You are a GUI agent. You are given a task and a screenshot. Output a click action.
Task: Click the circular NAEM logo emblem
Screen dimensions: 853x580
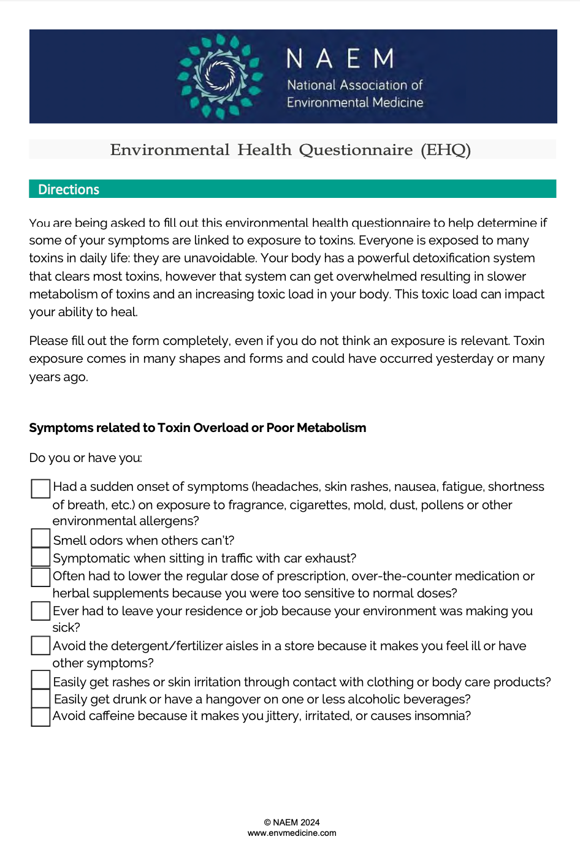pos(219,76)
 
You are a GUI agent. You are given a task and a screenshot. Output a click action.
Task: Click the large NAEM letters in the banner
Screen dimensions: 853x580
pos(340,59)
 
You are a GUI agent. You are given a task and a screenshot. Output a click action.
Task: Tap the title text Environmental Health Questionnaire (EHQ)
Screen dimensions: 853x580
pos(290,150)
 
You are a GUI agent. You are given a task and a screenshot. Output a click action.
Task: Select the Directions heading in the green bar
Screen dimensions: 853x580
pos(69,189)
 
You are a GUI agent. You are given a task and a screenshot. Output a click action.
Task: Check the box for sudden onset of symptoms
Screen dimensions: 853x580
pos(40,488)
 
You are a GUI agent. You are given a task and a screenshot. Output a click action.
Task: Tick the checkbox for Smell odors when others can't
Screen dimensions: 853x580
pos(40,538)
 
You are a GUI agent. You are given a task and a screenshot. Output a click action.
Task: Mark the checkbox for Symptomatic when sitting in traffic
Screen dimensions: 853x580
pos(40,557)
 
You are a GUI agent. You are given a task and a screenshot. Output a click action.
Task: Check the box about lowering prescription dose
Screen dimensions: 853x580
pos(40,577)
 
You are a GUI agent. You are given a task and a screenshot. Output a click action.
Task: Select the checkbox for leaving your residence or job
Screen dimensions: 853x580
pos(40,611)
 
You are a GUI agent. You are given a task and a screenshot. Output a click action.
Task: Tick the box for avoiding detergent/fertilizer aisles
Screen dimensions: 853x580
pos(40,645)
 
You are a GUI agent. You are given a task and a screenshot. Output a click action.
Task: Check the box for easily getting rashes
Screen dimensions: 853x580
pos(40,680)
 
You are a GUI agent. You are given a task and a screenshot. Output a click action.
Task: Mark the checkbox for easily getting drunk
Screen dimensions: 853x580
pos(40,699)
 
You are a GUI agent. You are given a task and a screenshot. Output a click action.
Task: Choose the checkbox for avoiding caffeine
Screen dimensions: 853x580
pos(40,717)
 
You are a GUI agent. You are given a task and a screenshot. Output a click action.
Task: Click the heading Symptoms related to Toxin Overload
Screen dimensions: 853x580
pos(197,428)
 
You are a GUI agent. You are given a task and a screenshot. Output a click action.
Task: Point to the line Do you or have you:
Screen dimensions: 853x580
pos(86,458)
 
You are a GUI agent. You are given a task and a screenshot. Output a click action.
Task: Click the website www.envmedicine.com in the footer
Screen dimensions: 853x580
pos(292,833)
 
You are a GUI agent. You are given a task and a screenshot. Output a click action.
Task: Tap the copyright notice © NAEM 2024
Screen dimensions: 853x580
pos(292,822)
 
